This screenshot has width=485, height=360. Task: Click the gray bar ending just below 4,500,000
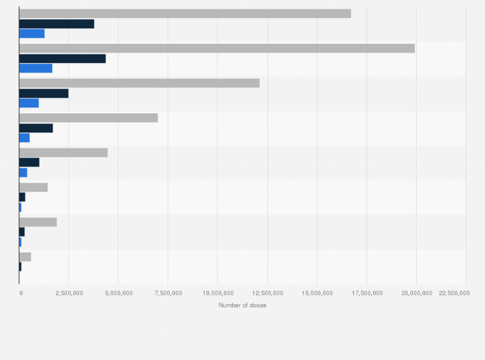pyautogui.click(x=63, y=152)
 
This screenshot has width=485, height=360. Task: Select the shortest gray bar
pyautogui.click(x=25, y=256)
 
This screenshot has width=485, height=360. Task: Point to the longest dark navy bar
pyautogui.click(x=62, y=59)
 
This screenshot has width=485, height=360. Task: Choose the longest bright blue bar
pyautogui.click(x=35, y=68)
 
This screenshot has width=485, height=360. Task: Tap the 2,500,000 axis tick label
pyautogui.click(x=69, y=293)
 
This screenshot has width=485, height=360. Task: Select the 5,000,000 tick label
pyautogui.click(x=118, y=293)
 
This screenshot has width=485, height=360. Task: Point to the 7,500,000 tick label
pyautogui.click(x=169, y=293)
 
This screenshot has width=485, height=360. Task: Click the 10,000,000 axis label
pyautogui.click(x=218, y=293)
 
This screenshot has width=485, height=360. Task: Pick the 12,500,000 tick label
pyautogui.click(x=268, y=293)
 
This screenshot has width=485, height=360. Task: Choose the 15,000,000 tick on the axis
pyautogui.click(x=317, y=293)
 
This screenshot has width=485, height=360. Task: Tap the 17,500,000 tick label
pyautogui.click(x=367, y=293)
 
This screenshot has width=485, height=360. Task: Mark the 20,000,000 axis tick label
pyautogui.click(x=416, y=293)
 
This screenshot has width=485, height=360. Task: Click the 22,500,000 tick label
pyautogui.click(x=453, y=293)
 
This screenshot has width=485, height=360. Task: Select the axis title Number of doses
pyautogui.click(x=243, y=305)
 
